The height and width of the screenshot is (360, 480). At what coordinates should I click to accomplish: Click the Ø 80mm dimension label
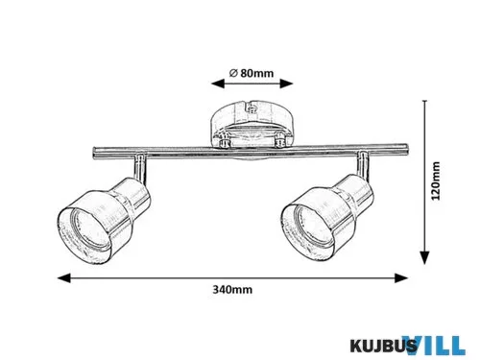tap(252, 73)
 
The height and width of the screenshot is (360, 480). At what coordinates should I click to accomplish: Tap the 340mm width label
tap(232, 290)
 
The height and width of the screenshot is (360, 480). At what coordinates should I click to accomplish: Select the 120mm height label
tap(436, 181)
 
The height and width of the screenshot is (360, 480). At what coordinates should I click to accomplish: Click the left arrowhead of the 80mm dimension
tap(218, 84)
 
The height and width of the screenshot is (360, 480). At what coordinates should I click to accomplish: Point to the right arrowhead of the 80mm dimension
tap(287, 84)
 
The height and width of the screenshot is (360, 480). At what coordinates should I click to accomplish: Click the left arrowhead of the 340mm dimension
tap(63, 278)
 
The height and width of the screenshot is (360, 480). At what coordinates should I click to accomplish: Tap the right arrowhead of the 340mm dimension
tap(401, 278)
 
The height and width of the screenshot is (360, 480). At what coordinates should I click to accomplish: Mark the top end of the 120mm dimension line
tap(424, 101)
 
